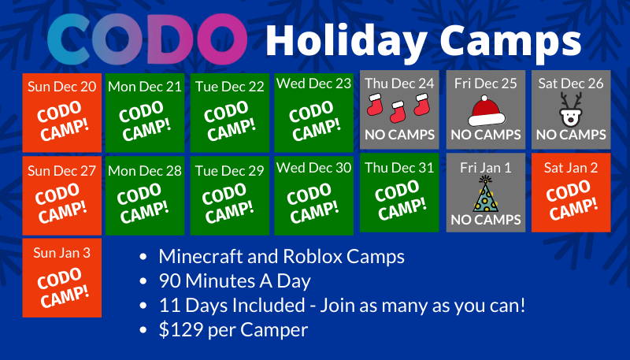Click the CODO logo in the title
[x=147, y=39]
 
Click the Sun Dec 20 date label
[x=62, y=87]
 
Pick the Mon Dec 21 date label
[x=145, y=87]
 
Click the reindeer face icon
[x=571, y=109]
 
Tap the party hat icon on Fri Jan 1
[x=485, y=194]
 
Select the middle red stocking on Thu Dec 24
[x=398, y=112]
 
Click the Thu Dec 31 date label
[x=399, y=168]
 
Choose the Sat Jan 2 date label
[x=571, y=168]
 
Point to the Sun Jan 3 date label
[x=62, y=253]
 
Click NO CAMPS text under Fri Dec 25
[x=486, y=135]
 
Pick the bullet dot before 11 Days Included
[x=143, y=306]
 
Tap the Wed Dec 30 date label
[x=313, y=168]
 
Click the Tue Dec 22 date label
[x=230, y=87]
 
